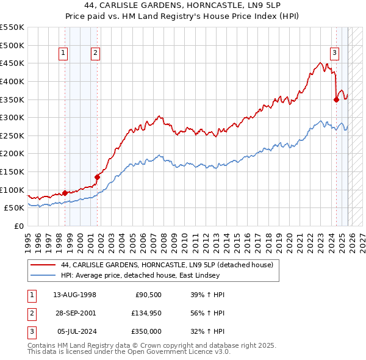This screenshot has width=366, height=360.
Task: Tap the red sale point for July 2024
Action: tap(336, 99)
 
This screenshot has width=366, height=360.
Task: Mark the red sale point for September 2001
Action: tap(97, 177)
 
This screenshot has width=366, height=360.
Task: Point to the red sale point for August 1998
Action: tap(65, 193)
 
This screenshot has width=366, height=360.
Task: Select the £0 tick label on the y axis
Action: tap(20, 226)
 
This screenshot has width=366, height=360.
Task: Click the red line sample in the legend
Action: tap(42, 265)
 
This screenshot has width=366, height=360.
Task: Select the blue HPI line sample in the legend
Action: tap(42, 275)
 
